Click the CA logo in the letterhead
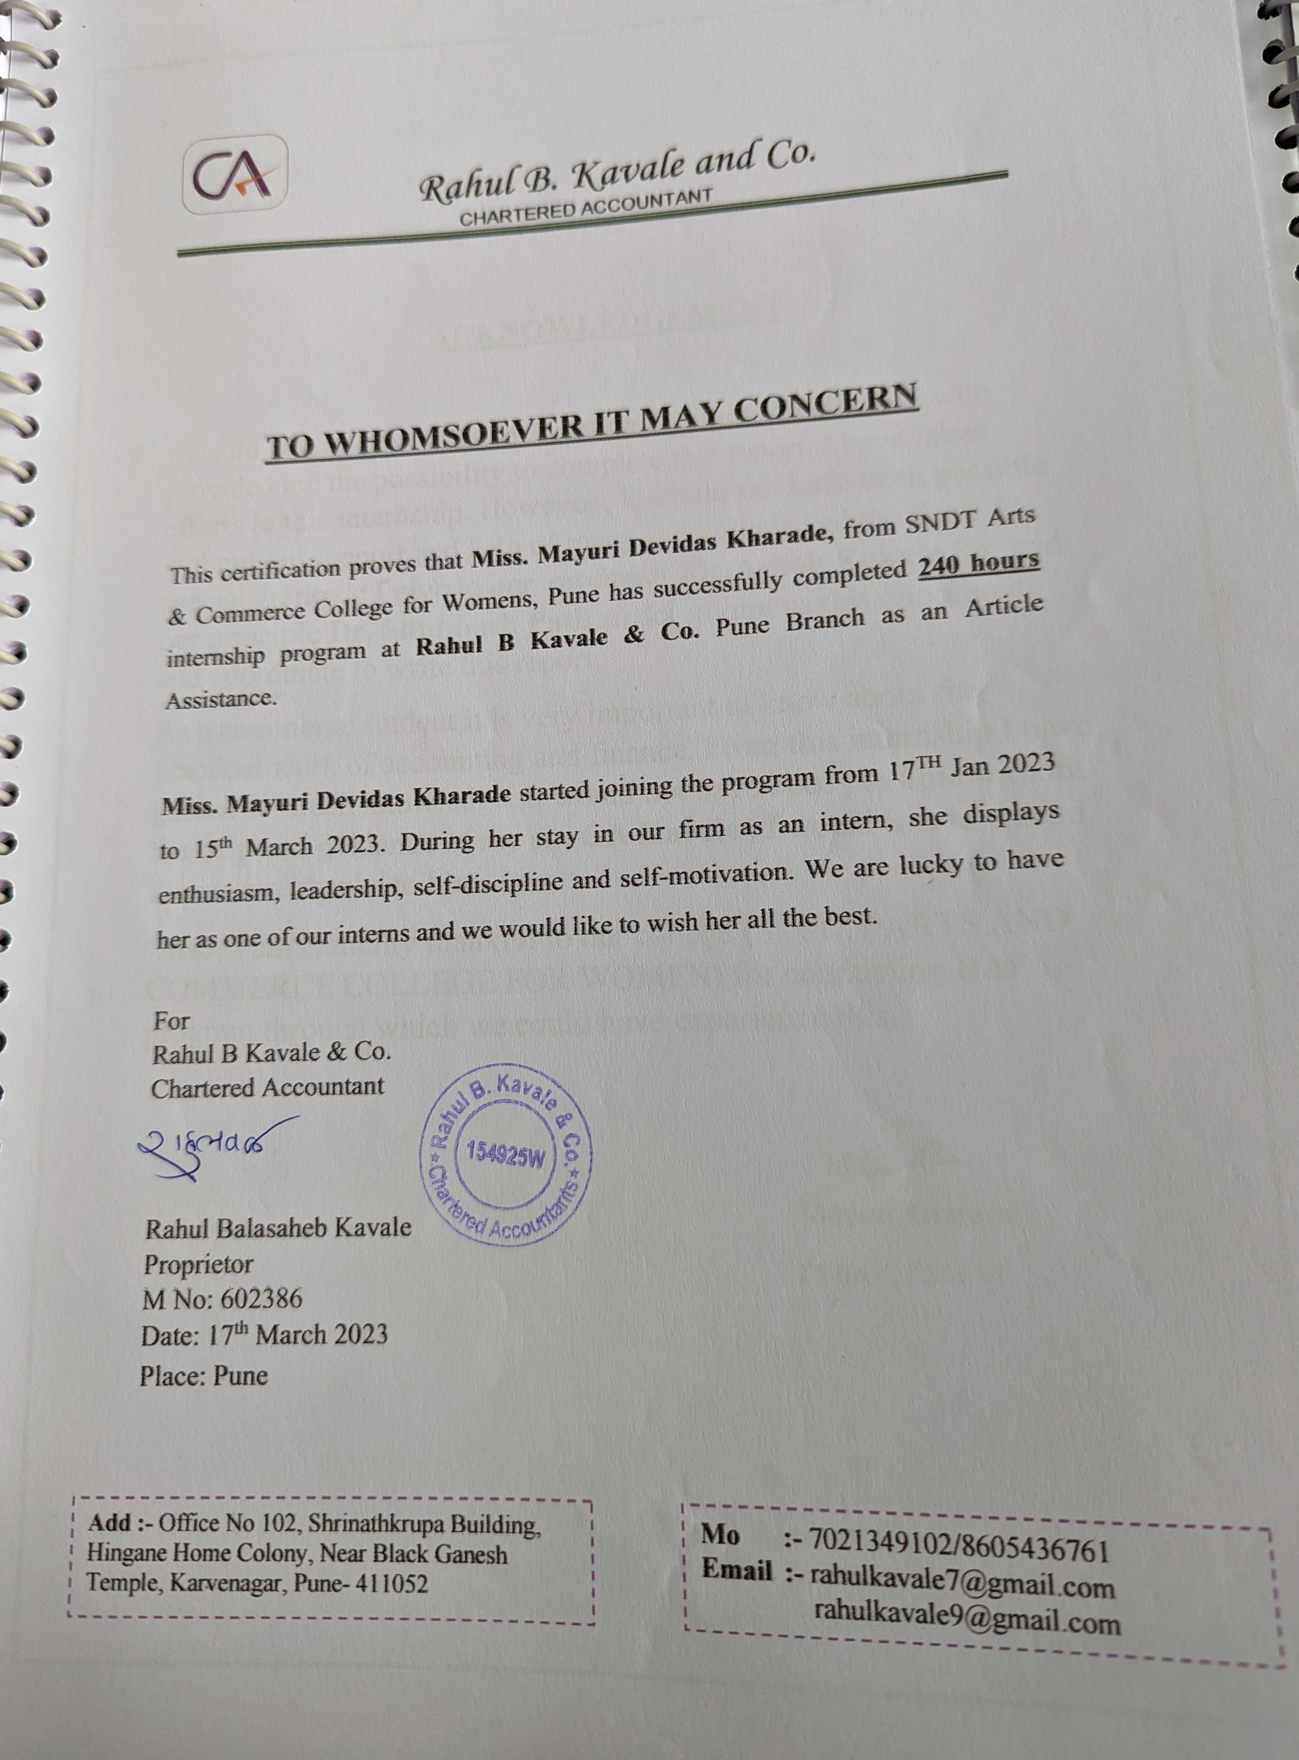point(234,174)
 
